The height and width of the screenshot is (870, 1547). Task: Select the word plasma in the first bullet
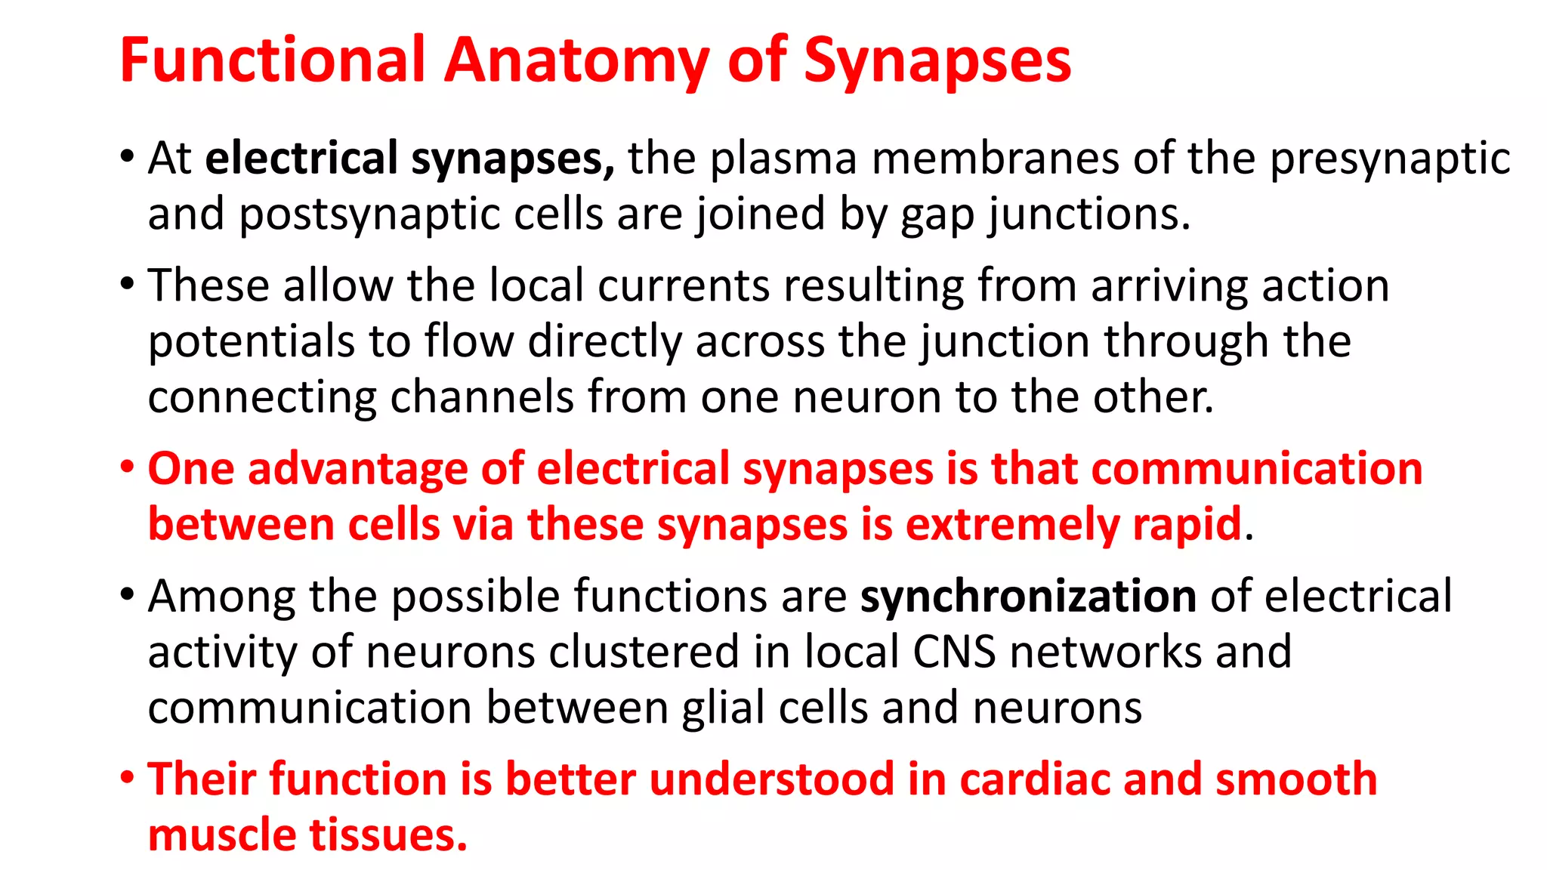[x=783, y=159]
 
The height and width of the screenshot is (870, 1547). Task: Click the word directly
[x=604, y=342]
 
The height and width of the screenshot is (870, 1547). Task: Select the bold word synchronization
[x=1028, y=597]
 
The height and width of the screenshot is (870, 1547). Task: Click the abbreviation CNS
[x=954, y=652]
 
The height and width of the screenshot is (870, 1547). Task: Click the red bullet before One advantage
[x=127, y=467]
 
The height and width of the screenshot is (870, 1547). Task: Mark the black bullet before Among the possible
[x=127, y=594]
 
